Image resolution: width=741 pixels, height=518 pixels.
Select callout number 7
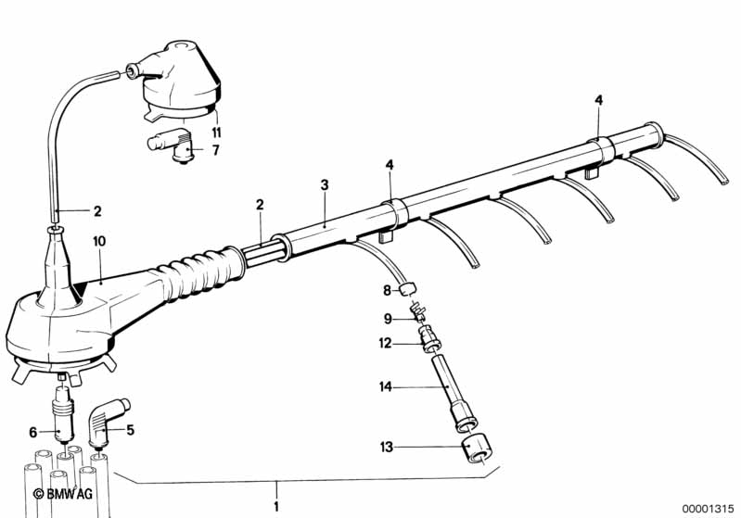coord(215,149)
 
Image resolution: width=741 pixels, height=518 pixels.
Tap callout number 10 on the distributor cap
coord(99,241)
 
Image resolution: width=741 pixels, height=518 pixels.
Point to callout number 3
coord(325,185)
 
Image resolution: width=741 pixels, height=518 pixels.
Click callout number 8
coord(387,290)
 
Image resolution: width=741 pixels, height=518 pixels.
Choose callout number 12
coord(385,345)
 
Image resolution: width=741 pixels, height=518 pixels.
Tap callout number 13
coord(385,448)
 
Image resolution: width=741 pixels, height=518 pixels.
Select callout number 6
coord(32,431)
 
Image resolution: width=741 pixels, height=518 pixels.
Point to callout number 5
coord(131,430)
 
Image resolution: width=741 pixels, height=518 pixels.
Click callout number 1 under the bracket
coord(275,506)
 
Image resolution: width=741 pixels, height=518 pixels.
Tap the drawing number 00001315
coord(708,507)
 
